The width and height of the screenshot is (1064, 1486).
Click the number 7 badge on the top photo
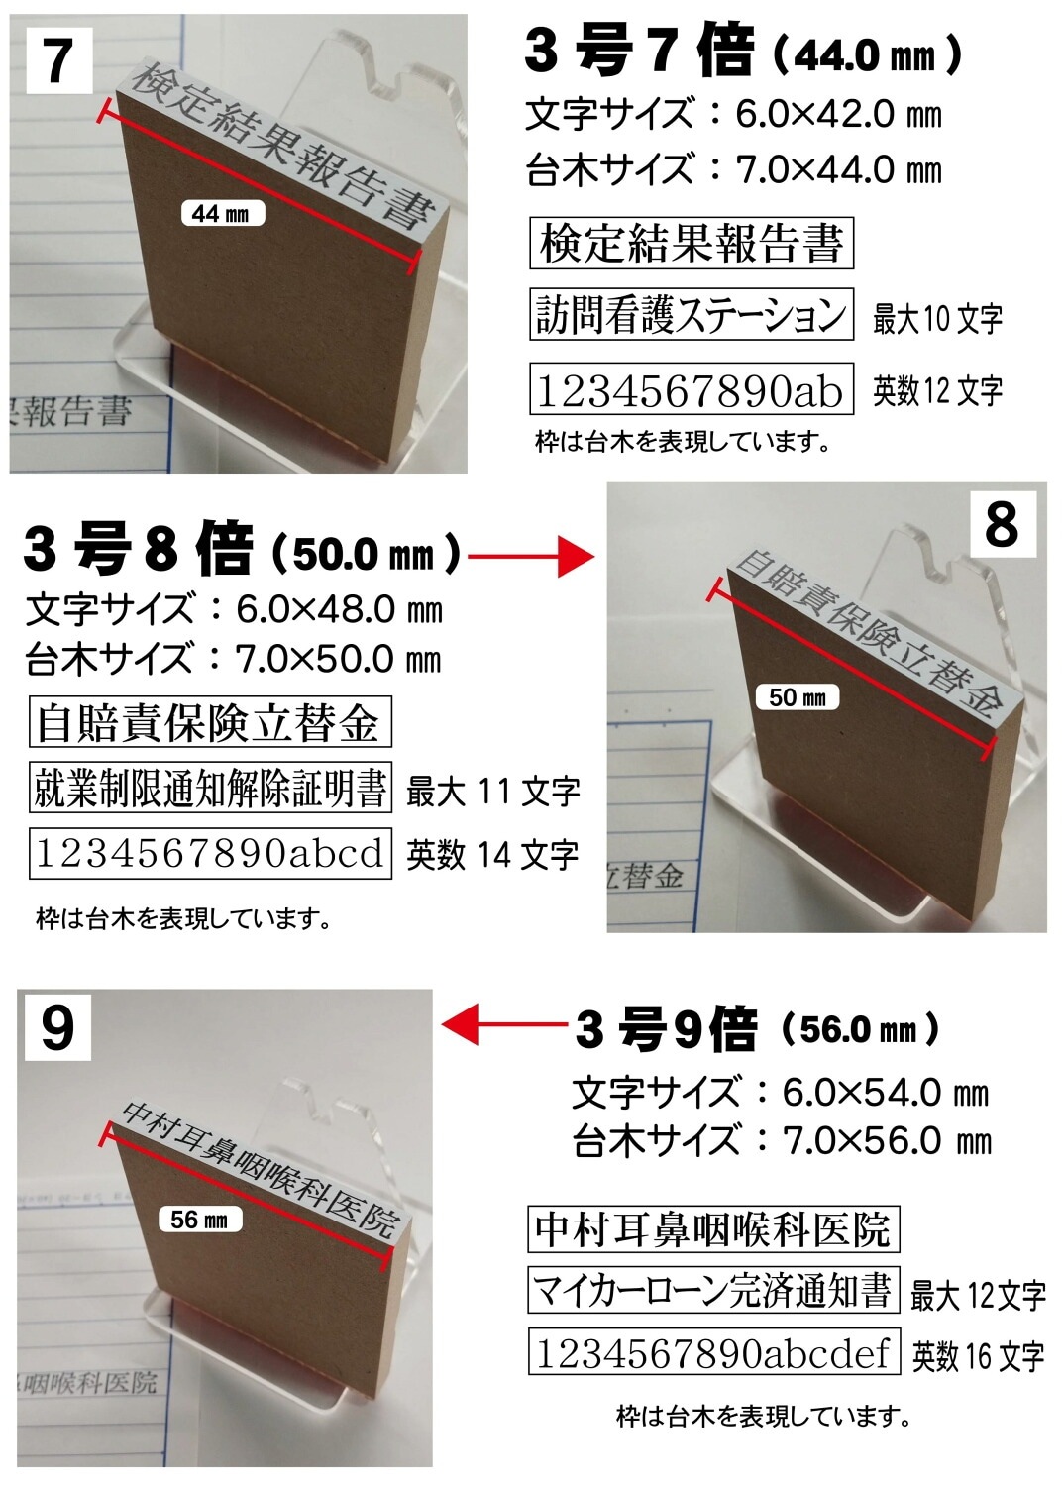click(58, 60)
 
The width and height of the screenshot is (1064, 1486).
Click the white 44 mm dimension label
click(222, 213)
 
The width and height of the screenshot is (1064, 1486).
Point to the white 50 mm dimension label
click(797, 697)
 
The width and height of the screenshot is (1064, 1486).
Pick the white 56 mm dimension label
click(199, 1220)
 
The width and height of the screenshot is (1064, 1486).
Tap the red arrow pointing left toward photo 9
click(502, 1023)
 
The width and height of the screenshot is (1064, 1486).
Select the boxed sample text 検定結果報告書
click(691, 243)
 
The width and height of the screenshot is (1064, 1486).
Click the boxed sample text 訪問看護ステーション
click(691, 315)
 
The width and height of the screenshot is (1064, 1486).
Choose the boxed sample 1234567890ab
click(691, 389)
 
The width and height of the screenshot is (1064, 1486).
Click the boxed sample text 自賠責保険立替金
click(209, 722)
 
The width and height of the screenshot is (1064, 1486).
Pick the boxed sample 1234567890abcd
click(209, 853)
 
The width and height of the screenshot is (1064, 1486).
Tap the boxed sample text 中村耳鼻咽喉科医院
click(712, 1229)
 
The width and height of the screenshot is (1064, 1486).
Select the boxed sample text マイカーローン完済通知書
click(712, 1290)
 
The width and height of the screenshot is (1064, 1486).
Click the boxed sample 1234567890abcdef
click(712, 1353)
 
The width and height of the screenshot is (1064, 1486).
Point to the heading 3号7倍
click(639, 52)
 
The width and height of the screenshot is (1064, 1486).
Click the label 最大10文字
click(937, 319)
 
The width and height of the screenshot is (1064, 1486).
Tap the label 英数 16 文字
click(978, 1355)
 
